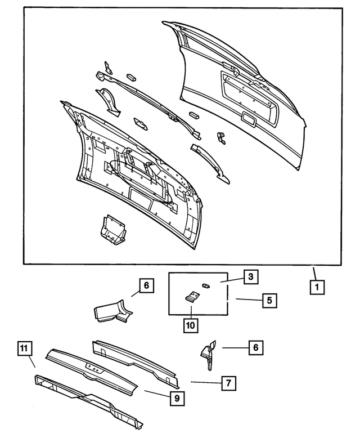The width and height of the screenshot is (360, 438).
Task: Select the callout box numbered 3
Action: click(x=250, y=276)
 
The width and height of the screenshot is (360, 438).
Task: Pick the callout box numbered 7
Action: click(x=228, y=383)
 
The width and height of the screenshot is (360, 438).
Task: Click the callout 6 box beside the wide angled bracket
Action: click(x=146, y=286)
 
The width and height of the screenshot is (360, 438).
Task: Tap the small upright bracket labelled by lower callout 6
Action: click(x=208, y=355)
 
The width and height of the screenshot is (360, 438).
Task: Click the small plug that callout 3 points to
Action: click(x=205, y=287)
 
